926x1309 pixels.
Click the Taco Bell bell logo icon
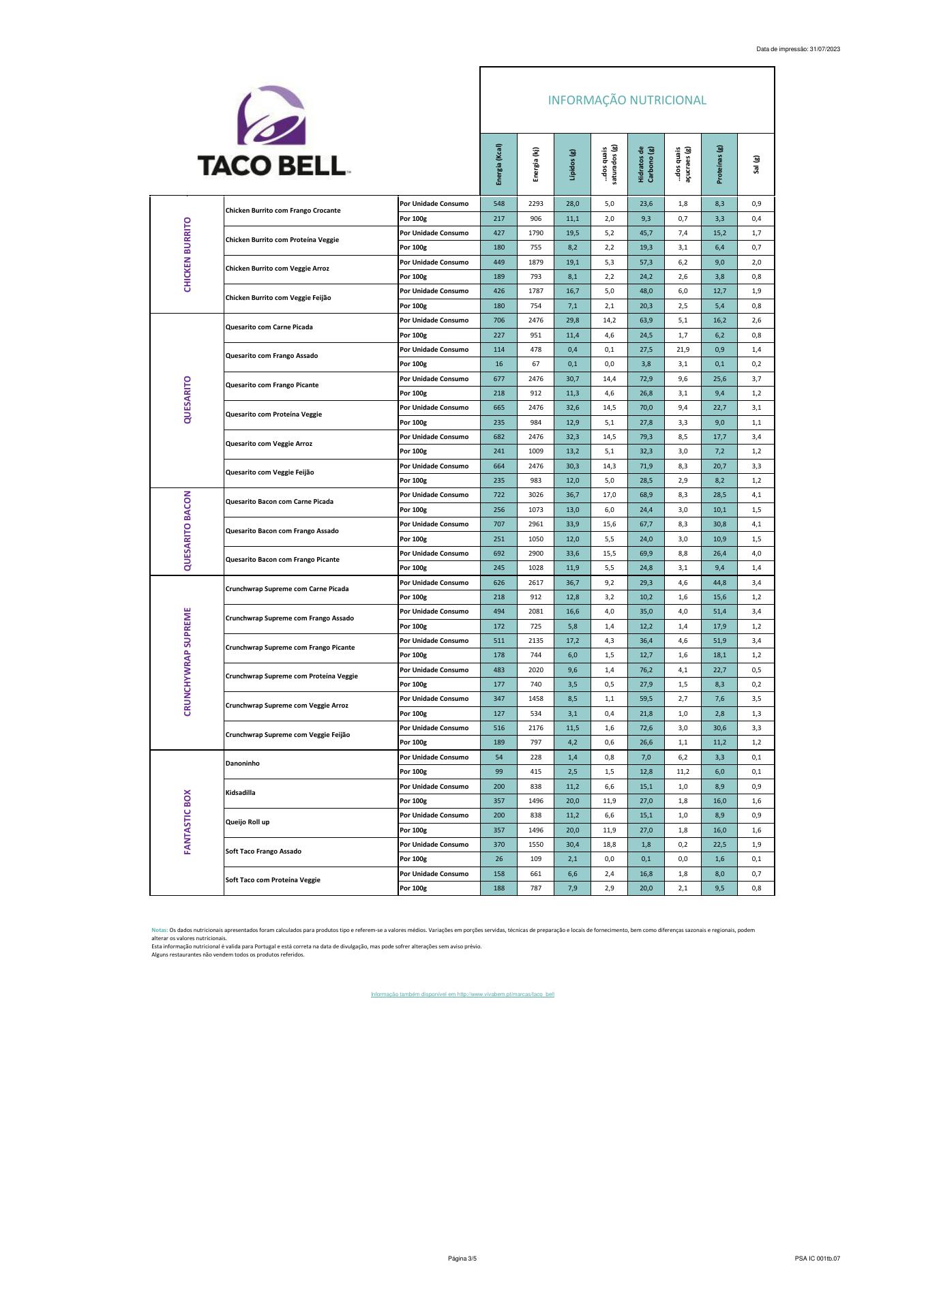pos(271,115)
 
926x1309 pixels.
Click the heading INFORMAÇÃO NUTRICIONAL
pos(627,100)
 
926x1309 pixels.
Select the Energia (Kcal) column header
pos(499,164)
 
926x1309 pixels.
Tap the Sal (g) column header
pos(756,164)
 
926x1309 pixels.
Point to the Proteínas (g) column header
pos(719,164)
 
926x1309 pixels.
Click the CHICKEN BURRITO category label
pos(188,255)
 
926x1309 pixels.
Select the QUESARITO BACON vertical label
pos(188,531)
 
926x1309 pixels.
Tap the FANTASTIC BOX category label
pos(188,822)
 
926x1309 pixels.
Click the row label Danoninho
pos(243,764)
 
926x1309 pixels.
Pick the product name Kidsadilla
pos(241,793)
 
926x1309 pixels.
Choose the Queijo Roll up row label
pos(248,822)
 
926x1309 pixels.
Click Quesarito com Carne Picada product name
pos(269,327)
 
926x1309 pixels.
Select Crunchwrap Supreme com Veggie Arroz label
pos(287,706)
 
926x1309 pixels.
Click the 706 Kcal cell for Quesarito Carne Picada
pos(499,320)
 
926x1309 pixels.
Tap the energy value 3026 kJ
pos(536,495)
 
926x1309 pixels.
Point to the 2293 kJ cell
pos(536,204)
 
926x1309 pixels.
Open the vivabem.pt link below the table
pos(462,994)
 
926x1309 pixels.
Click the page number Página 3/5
pos(462,1259)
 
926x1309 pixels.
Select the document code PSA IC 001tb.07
pos(817,1259)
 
